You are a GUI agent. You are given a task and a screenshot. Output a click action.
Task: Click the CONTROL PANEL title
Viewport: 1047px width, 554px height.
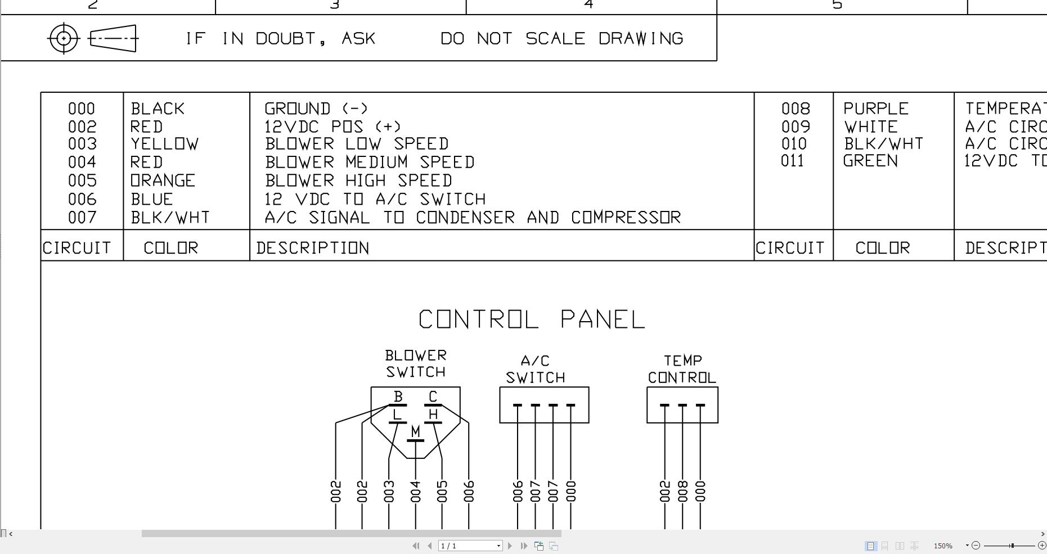[x=532, y=319]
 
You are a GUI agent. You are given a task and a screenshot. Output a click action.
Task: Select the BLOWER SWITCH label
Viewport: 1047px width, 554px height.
[x=416, y=363]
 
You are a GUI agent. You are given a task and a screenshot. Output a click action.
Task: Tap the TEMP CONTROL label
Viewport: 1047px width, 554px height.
[x=682, y=369]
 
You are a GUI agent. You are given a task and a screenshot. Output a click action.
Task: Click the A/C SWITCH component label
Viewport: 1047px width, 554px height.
[x=535, y=369]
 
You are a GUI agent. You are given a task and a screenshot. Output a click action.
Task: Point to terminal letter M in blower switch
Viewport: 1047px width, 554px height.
[x=415, y=431]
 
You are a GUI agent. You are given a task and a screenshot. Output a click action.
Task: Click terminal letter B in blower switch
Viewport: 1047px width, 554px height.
[x=398, y=397]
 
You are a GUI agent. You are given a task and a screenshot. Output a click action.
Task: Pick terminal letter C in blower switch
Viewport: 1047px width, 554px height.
[x=433, y=397]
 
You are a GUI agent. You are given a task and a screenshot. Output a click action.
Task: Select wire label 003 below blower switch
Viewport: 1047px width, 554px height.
[x=389, y=491]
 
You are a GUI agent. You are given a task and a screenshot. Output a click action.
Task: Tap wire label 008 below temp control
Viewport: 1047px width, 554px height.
[x=682, y=491]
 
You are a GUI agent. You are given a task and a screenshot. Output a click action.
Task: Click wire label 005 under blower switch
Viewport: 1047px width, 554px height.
[x=442, y=491]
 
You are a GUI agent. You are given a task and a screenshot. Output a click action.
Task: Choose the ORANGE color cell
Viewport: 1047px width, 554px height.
[x=163, y=181]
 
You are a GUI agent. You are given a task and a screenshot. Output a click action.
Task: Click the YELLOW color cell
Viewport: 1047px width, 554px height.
[x=165, y=144]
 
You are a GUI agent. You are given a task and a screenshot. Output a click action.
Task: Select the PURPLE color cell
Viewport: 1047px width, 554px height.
[x=876, y=109]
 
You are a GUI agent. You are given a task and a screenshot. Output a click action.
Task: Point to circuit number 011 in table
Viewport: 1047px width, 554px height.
[x=792, y=161]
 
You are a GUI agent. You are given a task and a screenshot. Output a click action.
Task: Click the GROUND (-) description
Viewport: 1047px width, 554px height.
[x=316, y=109]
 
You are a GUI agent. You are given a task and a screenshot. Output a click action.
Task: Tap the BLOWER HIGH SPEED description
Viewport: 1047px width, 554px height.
[x=358, y=181]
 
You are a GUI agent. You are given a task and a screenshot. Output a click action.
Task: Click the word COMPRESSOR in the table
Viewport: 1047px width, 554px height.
[x=626, y=217]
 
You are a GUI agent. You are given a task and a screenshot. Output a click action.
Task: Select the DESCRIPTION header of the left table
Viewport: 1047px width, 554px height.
[x=313, y=248]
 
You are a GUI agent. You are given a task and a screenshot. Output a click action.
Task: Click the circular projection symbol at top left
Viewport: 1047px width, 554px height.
[x=64, y=38]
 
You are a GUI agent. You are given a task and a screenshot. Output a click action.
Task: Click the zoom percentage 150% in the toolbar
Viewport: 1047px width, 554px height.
[x=943, y=546]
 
